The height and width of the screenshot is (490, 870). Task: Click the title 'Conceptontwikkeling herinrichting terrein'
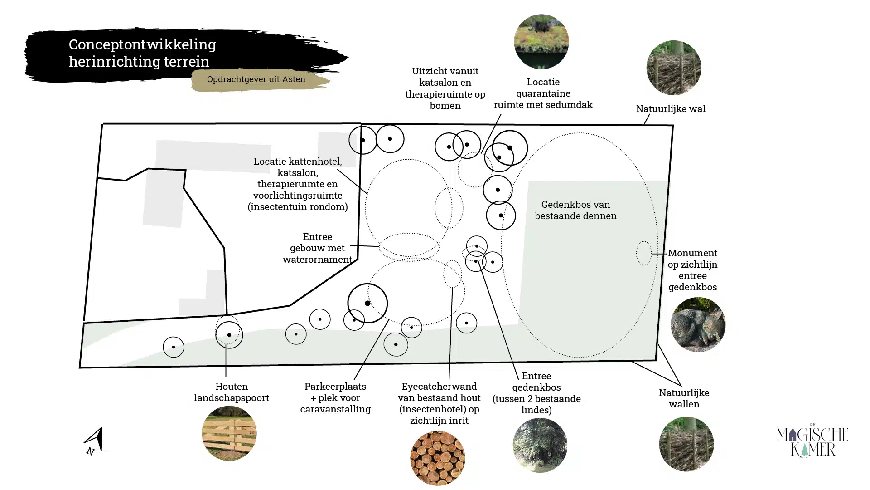point(142,53)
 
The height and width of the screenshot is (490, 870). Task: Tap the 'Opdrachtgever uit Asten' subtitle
point(256,79)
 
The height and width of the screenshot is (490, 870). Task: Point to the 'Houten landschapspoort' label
point(232,392)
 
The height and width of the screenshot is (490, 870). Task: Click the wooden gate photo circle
point(229,433)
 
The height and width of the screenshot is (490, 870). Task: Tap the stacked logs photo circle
point(438,458)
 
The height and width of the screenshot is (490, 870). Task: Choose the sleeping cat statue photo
point(698,324)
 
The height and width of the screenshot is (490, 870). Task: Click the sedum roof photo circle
point(541,42)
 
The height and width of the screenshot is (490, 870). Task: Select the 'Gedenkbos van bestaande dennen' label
point(575,210)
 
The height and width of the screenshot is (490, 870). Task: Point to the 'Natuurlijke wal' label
point(671,109)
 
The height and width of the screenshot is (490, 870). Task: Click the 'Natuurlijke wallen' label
point(684,398)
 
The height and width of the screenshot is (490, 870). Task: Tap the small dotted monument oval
point(643,253)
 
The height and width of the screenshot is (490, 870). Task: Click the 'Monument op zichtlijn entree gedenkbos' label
point(692,270)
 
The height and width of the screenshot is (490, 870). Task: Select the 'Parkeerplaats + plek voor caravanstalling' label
point(335,398)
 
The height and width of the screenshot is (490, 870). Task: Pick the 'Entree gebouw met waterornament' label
point(317,248)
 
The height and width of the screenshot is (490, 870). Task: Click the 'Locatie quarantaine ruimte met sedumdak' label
point(543,93)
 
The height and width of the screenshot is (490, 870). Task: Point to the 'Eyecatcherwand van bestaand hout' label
point(439,403)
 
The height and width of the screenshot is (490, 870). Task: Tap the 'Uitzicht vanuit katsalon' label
point(445,88)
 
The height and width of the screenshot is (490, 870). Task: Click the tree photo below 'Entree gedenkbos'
point(540,445)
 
